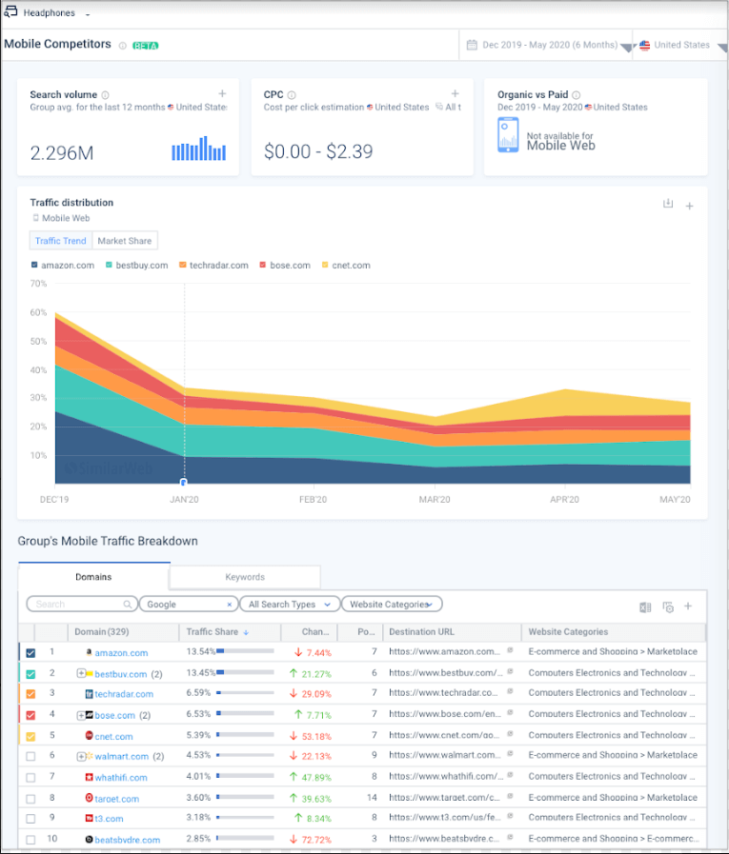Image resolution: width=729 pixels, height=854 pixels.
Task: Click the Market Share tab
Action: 125,241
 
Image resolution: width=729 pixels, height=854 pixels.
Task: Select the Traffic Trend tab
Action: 61,241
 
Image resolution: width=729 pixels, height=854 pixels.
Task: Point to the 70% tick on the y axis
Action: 39,284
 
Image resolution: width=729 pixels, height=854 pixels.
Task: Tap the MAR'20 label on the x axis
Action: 435,500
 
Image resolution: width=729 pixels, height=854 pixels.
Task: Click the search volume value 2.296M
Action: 62,152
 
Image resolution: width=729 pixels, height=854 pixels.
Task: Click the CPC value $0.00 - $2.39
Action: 318,151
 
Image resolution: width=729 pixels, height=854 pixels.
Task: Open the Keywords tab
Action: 245,577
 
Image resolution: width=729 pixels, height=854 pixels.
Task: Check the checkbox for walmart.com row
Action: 30,756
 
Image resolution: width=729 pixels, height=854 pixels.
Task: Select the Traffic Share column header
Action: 212,631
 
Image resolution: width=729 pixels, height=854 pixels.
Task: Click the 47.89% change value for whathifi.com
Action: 315,777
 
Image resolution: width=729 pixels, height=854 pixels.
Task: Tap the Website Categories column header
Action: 568,631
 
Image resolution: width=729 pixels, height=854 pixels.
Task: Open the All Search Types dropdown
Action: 290,604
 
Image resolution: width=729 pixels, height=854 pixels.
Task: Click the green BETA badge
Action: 145,45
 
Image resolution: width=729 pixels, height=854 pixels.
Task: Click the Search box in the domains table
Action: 81,604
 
